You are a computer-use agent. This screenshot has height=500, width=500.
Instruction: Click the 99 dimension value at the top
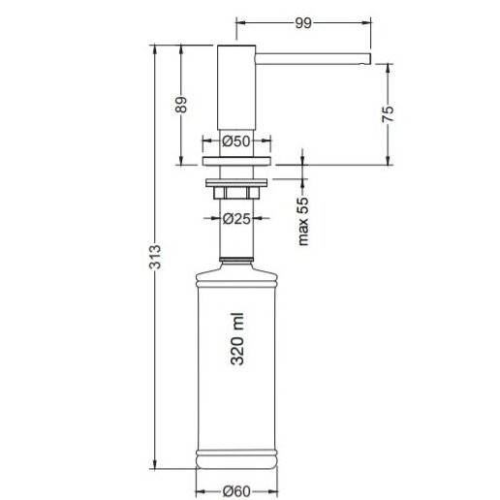[303, 23]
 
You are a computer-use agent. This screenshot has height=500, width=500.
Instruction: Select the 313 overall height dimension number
[155, 257]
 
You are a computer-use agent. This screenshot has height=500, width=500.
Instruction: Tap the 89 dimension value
[181, 105]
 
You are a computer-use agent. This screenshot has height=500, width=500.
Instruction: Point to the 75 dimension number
[388, 114]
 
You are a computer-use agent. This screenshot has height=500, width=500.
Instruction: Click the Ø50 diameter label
[236, 141]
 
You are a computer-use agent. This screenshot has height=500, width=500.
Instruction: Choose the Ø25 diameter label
[236, 219]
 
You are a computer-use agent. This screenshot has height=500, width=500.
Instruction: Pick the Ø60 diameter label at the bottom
[236, 491]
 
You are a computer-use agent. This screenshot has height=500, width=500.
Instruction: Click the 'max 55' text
[303, 221]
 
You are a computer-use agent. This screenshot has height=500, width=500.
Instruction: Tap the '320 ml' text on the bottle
[237, 339]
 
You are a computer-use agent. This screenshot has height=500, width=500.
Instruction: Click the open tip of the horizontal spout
[369, 58]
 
